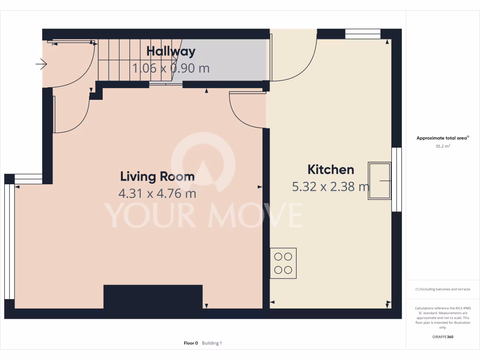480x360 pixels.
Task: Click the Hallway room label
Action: pos(171,51)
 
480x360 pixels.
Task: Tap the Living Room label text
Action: pos(157,177)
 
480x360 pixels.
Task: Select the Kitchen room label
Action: pos(330,169)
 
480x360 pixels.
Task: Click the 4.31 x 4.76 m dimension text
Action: pos(157,193)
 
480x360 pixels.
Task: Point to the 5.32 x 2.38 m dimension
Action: pos(330,187)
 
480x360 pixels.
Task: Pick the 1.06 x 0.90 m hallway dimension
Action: pos(171,68)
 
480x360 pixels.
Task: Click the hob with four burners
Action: pos(283,263)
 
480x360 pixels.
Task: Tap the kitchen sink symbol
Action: pos(380,181)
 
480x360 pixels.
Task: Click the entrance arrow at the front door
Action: pos(42,64)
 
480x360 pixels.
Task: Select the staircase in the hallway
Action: pos(122,60)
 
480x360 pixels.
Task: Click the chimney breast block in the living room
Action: pos(153,297)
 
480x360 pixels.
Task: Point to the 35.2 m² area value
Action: pos(443,146)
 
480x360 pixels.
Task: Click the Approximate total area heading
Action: pos(442,138)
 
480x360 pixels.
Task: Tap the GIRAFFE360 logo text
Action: pos(443,337)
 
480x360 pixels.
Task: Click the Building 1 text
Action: pos(212,343)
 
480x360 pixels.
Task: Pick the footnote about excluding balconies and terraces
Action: pos(443,289)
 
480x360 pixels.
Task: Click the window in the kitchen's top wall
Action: pos(363,34)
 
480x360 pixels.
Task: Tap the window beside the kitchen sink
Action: pos(397,180)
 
